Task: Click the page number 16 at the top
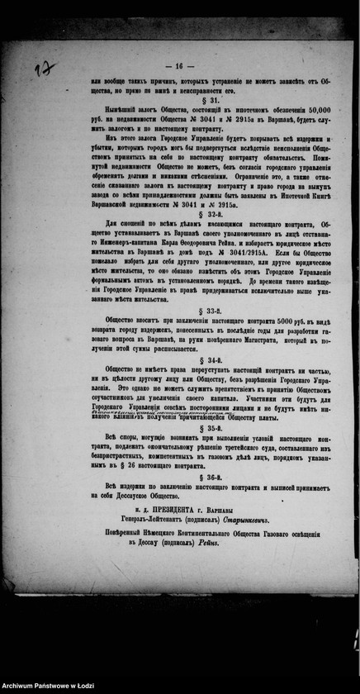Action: click(x=178, y=65)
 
